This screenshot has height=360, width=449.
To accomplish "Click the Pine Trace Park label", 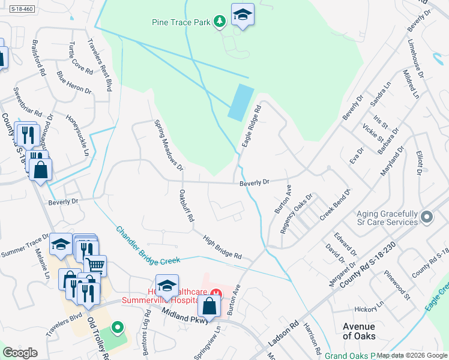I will tap(181, 23).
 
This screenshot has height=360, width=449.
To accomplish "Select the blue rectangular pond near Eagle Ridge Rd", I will tap(240, 102).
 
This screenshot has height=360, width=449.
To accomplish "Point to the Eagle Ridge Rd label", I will tap(252, 127).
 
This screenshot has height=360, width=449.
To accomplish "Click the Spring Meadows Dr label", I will tap(168, 143).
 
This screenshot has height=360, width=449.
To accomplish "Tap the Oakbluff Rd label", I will tap(186, 206).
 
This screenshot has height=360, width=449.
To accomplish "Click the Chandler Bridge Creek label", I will tap(148, 246).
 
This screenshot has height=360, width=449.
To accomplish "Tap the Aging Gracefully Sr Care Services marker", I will tap(427, 216).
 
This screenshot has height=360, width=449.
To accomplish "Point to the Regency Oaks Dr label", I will tap(297, 214).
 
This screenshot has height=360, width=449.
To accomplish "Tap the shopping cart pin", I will tap(95, 265).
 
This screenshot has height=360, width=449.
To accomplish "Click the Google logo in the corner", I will tap(20, 353).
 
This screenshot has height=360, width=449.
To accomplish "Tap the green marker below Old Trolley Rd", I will tap(118, 328).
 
